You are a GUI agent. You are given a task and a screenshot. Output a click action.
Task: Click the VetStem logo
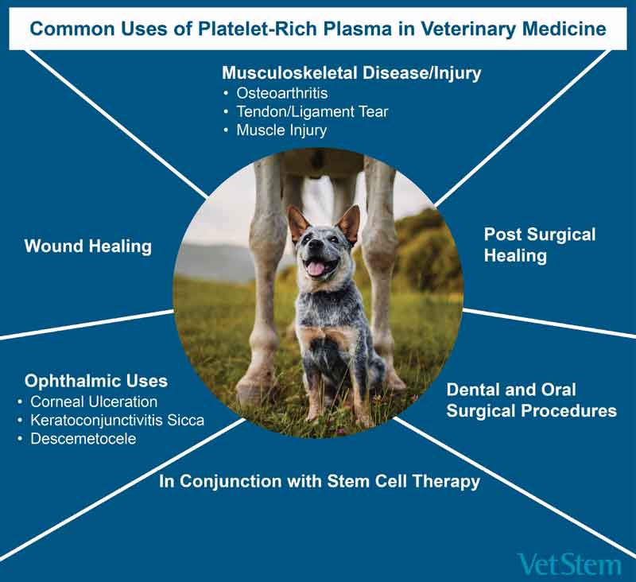(569, 565)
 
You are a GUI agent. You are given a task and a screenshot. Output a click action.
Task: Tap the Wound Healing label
(88, 246)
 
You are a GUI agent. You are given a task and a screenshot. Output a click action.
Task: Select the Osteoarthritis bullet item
(282, 93)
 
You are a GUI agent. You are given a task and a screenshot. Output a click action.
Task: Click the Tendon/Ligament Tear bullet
(312, 111)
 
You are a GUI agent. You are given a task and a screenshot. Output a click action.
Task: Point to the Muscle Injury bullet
(281, 130)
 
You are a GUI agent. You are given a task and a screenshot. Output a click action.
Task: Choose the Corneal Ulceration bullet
(94, 402)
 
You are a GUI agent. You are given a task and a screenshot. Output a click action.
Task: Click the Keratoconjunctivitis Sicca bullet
(117, 420)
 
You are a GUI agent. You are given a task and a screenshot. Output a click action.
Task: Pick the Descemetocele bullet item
(83, 439)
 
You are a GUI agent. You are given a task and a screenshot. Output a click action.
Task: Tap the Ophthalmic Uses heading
(96, 381)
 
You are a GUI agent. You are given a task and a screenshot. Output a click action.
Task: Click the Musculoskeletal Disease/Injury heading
(351, 73)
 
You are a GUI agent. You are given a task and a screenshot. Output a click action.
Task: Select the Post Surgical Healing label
(540, 245)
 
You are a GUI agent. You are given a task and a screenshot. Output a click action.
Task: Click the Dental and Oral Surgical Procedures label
(531, 400)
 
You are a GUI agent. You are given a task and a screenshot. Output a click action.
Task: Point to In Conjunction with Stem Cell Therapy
(320, 481)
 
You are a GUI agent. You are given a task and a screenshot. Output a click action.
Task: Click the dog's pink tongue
(315, 268)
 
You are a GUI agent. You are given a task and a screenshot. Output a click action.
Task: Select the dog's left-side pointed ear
(297, 224)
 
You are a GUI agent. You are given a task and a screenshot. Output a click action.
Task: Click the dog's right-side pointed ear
(349, 224)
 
